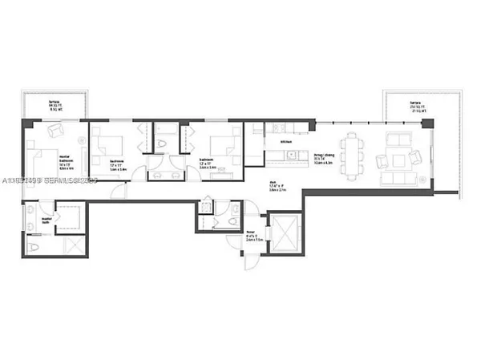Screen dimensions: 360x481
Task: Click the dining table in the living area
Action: point(351,152)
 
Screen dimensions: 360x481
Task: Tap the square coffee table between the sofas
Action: point(398,156)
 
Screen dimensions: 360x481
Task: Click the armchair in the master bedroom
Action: point(56,130)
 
